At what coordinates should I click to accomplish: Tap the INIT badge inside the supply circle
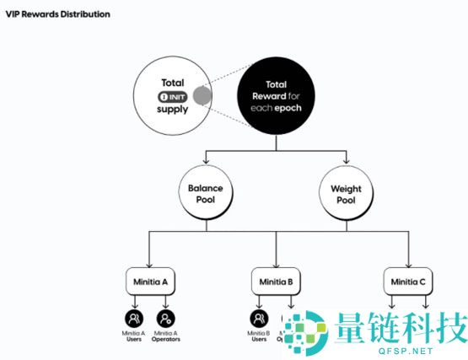point(173,97)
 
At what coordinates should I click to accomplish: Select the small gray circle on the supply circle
point(202,96)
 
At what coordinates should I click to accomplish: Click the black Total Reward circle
point(277,97)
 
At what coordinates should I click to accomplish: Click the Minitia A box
point(149,280)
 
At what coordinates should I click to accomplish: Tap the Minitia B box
point(276,280)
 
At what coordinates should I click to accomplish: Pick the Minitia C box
point(407,280)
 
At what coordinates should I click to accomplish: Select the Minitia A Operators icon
point(166,319)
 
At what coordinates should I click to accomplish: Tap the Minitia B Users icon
point(260,319)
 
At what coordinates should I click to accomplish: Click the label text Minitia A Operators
point(166,336)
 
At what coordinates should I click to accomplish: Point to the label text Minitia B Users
point(260,336)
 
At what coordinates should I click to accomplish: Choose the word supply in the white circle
point(173,110)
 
